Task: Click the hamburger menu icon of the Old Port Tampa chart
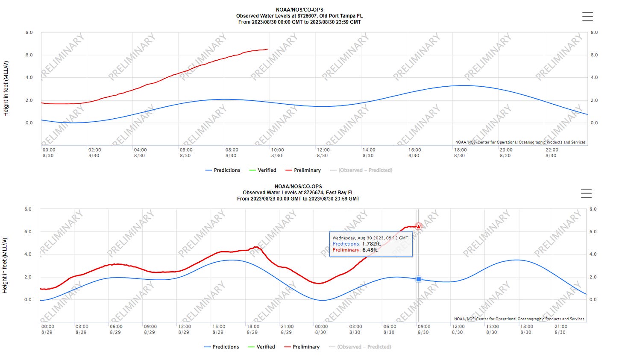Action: [587, 16]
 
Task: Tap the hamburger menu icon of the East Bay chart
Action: [586, 193]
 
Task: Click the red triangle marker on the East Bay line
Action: [419, 226]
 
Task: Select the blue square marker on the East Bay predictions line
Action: [419, 279]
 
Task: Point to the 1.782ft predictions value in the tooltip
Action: [371, 244]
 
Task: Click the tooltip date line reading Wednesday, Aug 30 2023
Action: [370, 238]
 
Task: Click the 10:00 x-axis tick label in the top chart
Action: [277, 150]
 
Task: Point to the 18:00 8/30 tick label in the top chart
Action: [460, 152]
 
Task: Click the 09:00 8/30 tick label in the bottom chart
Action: [423, 329]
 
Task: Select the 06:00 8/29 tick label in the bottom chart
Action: [116, 329]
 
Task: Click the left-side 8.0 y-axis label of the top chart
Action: [29, 32]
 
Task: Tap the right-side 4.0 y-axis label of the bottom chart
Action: [593, 254]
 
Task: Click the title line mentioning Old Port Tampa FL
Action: [299, 16]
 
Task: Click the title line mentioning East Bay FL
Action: [298, 193]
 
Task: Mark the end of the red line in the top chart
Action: [267, 49]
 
